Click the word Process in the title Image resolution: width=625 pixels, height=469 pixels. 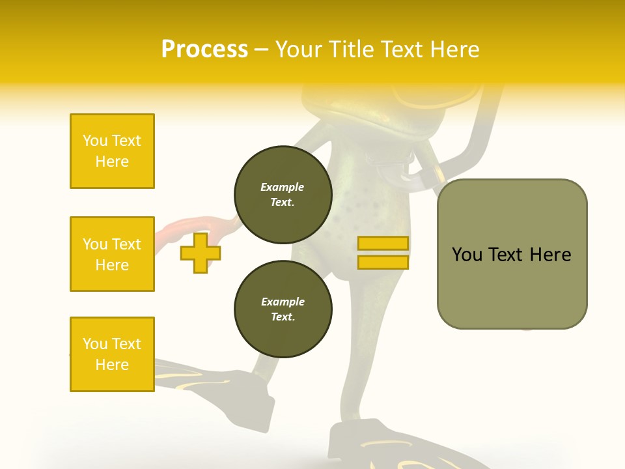coord(204,50)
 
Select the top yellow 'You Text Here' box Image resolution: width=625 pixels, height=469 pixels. coord(112,151)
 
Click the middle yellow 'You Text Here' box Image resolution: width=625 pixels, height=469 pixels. coord(112,254)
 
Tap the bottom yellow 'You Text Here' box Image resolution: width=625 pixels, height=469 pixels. coord(112,354)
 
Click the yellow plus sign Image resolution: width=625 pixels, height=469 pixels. coord(201,253)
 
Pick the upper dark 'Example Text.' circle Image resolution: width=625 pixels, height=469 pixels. coord(283,195)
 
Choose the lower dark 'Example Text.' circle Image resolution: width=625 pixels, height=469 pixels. coord(283,309)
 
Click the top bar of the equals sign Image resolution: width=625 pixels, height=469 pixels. coord(383,244)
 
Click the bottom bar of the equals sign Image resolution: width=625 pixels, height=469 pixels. coord(383,262)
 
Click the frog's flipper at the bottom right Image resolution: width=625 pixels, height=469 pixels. coord(391,446)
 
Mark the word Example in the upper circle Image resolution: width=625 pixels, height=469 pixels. coord(283,187)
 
